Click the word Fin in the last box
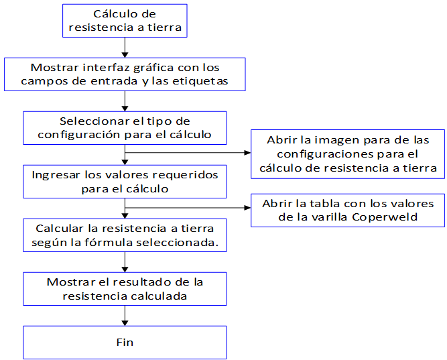click(125, 342)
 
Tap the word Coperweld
click(385, 217)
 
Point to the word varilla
click(330, 217)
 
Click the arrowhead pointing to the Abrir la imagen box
click(247, 153)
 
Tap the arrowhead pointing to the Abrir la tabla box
click(247, 208)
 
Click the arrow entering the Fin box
click(125, 316)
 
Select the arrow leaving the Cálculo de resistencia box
click(125, 48)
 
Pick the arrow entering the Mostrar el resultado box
click(125, 262)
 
